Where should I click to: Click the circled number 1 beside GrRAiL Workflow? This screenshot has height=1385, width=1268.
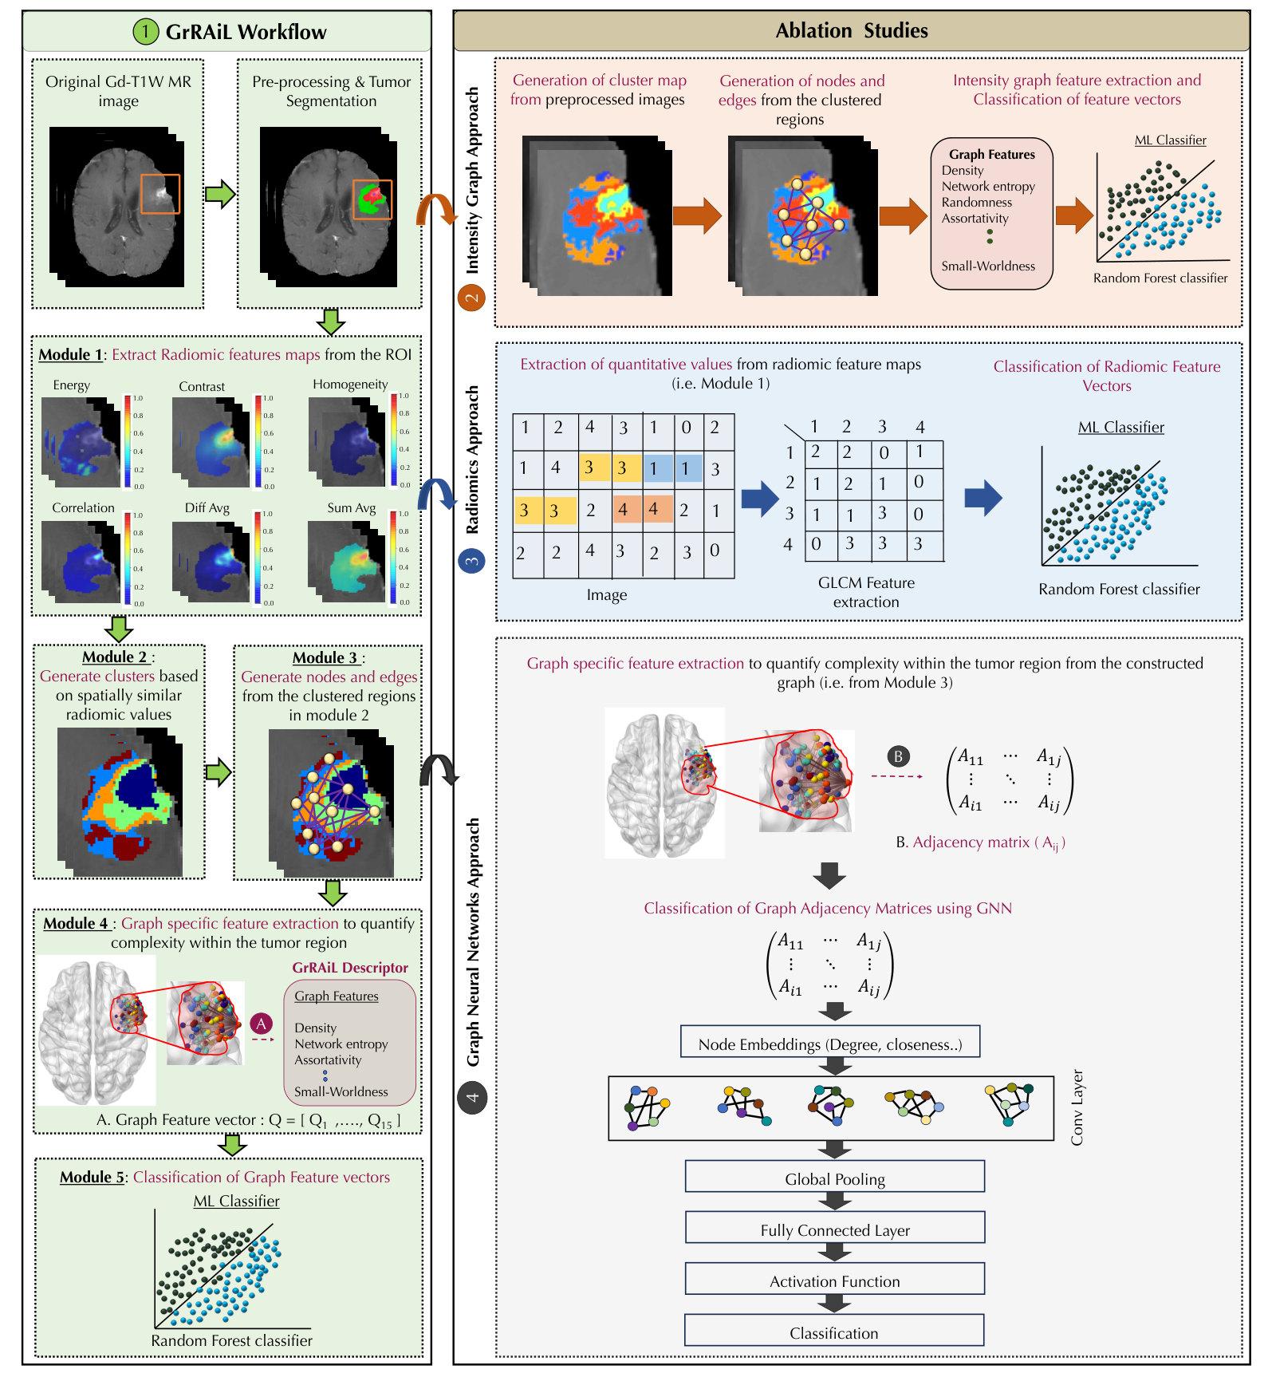point(145,32)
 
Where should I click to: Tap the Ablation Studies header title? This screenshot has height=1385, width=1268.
point(851,31)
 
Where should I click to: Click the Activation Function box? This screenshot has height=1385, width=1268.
point(834,1280)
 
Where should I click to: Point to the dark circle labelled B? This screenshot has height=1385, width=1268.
point(898,756)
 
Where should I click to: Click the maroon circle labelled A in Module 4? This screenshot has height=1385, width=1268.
point(261,1024)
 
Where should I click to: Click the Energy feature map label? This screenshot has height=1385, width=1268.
point(71,385)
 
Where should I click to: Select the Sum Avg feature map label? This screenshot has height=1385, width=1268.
point(351,507)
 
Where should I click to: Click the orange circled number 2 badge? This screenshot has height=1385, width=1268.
point(472,298)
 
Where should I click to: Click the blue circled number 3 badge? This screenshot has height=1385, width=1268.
point(472,561)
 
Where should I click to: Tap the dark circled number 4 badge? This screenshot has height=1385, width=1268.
point(472,1098)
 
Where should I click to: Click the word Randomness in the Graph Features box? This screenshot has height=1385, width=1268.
point(976,203)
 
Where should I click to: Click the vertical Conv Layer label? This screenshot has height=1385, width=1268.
point(1077,1107)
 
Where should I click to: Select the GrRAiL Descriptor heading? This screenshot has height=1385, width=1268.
point(349,968)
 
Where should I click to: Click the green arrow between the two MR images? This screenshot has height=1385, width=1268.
point(220,194)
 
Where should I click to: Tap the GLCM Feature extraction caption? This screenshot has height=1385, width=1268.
point(866,592)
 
